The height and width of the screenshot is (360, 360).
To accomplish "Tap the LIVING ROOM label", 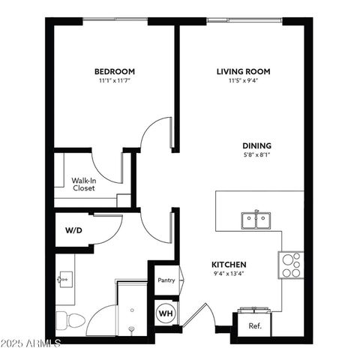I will pos(243,71).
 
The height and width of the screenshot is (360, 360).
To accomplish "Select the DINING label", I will pos(256,145).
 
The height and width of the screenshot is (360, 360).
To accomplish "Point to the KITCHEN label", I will pos(229,265).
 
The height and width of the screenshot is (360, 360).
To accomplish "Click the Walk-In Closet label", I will pos(83,184).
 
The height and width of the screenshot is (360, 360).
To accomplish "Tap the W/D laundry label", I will pos(73,230).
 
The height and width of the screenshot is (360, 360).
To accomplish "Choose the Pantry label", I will pos(166,280).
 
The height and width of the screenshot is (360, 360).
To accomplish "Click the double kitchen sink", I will pos(256,220).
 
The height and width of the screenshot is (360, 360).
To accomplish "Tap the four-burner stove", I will pos(291,265).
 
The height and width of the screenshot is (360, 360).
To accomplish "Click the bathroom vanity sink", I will pos(64,279).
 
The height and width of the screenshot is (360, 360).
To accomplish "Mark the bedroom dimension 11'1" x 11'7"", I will pos(115,80).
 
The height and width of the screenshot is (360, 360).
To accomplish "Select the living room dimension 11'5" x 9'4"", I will pos(243,80).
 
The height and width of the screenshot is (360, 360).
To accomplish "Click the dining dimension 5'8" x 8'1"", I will pos(256,155).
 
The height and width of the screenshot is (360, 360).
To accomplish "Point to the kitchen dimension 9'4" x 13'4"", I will pos(229,274).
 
